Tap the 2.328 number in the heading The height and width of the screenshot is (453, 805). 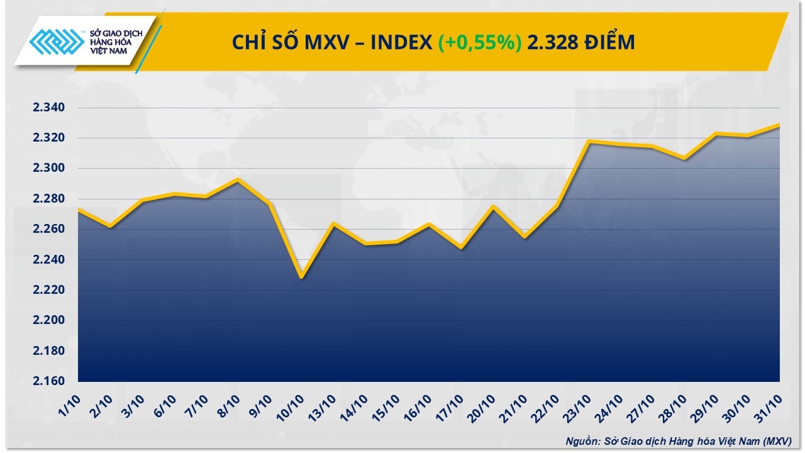pos(550,42)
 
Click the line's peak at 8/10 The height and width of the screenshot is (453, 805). pos(238,180)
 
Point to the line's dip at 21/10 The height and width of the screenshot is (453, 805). pos(525,237)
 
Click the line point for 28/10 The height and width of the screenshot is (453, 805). pos(684,158)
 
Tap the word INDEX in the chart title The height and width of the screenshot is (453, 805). pos(400,42)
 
